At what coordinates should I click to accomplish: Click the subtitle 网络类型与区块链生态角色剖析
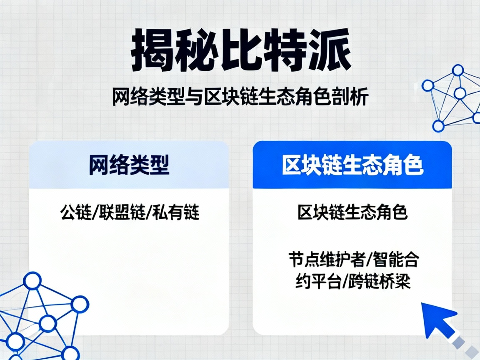coord(240,99)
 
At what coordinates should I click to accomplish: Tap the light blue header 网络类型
coord(129,165)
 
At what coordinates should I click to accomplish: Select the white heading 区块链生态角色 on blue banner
coord(352,165)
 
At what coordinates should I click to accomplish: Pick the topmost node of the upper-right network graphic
coord(458,70)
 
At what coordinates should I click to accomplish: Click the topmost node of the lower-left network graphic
coord(32,281)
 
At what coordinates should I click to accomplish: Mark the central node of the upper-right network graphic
coord(460,93)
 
